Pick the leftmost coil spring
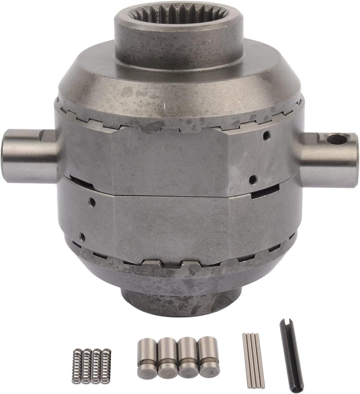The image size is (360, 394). click(x=77, y=366)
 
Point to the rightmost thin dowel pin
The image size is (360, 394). click(x=260, y=359)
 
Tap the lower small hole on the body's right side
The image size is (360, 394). click(x=253, y=179)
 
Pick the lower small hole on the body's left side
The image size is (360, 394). click(x=82, y=237)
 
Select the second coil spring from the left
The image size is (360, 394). click(x=87, y=366)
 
